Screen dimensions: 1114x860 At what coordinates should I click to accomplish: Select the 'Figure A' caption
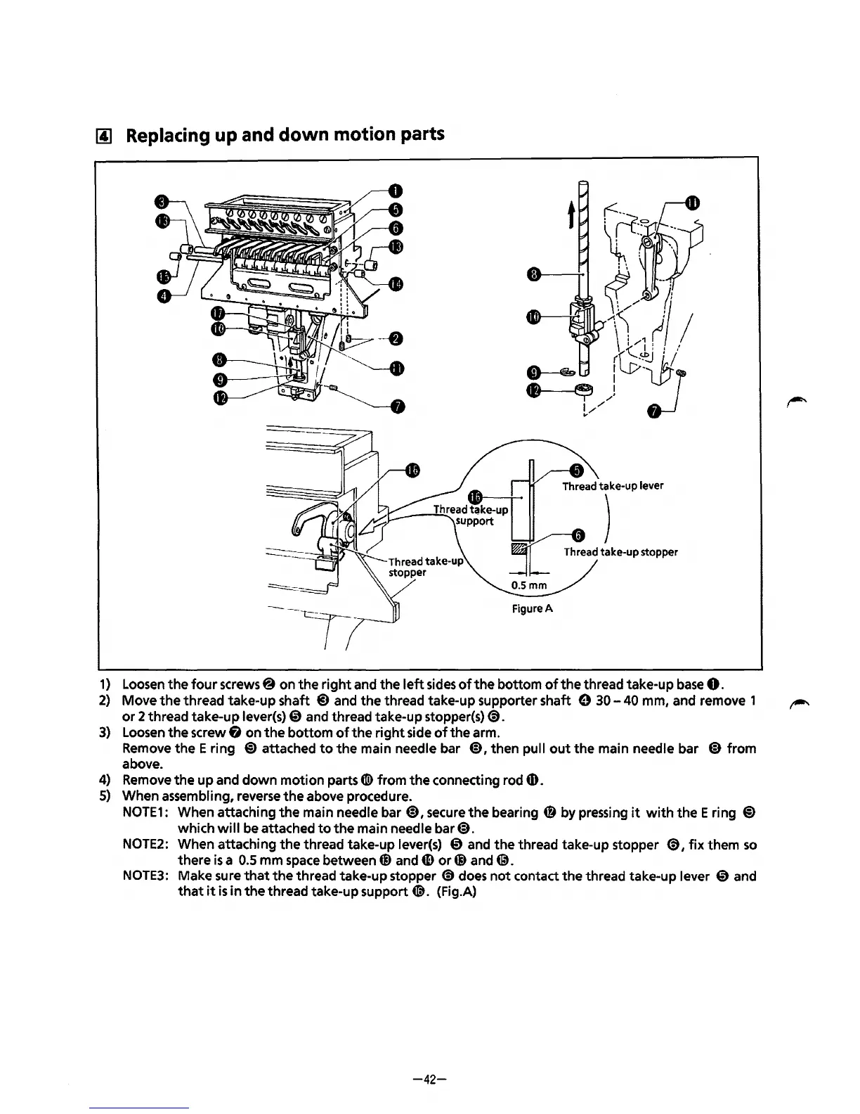pos(532,608)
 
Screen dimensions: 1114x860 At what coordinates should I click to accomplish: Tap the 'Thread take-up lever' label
pos(613,486)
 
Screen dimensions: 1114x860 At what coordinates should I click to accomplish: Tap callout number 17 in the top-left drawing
pos(219,313)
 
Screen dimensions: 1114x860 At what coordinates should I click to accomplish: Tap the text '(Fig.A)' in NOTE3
pos(457,892)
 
